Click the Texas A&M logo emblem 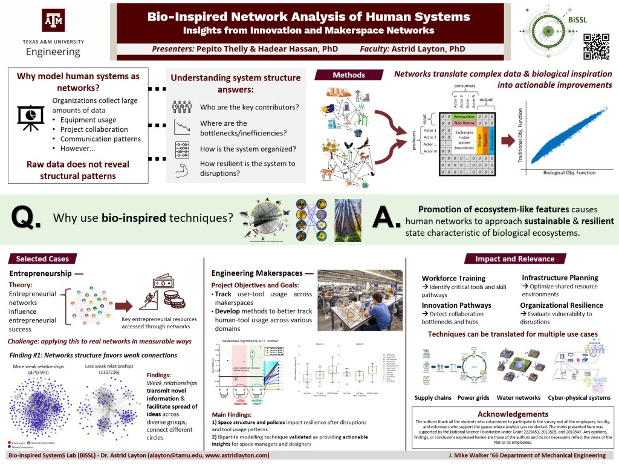click(53, 21)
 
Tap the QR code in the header click(595, 46)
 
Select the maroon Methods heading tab click(349, 75)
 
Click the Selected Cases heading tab click(42, 259)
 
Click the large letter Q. click(26, 218)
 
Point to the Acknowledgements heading click(513, 414)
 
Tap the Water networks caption click(518, 398)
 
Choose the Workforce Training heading click(453, 278)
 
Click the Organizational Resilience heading click(562, 305)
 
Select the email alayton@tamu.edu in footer click(177, 455)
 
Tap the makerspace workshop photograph click(360, 300)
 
